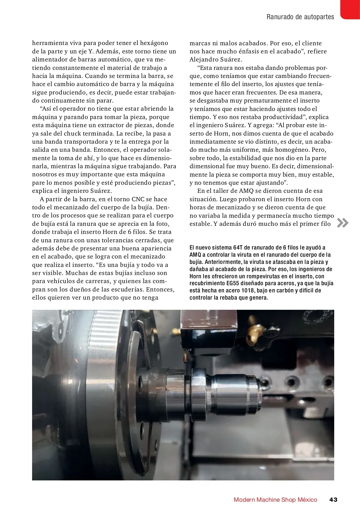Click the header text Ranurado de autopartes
pyautogui.click(x=300, y=17)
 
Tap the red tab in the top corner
pyautogui.click(x=350, y=9)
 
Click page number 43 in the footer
pyautogui.click(x=333, y=499)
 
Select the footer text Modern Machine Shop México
pyautogui.click(x=275, y=500)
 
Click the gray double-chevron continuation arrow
pyautogui.click(x=343, y=223)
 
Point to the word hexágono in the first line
pyautogui.click(x=154, y=43)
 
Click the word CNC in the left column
pyautogui.click(x=138, y=199)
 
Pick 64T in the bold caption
pyautogui.click(x=238, y=247)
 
